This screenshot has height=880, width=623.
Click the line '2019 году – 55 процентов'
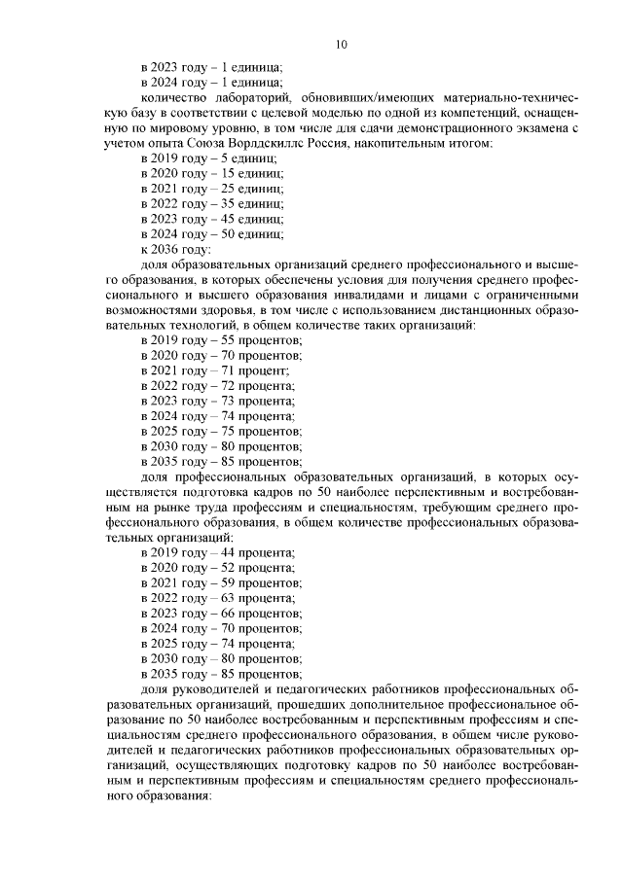coord(222,339)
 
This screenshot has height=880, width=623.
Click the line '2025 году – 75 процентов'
coord(222,431)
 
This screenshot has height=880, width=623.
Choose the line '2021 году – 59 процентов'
coord(222,582)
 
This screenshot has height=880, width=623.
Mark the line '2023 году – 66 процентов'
coord(222,614)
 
